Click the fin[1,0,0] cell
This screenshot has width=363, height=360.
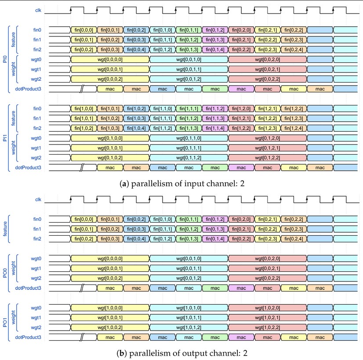(x=84, y=109)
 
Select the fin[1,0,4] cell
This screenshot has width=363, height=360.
(x=136, y=128)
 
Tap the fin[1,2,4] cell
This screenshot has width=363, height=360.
(x=294, y=128)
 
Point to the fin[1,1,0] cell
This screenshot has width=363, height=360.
(x=163, y=109)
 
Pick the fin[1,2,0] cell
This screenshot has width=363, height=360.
(x=241, y=109)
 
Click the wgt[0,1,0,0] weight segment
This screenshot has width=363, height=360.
(x=110, y=138)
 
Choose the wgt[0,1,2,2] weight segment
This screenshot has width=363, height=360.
(x=268, y=158)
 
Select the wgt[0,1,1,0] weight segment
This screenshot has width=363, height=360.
(x=189, y=138)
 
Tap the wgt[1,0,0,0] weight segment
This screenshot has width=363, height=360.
(x=110, y=308)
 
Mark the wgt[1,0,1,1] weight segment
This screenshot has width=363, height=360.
(x=189, y=318)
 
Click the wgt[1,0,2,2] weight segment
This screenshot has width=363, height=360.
(x=268, y=328)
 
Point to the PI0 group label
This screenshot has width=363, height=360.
(x=5, y=59)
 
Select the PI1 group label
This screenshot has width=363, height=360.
(x=5, y=138)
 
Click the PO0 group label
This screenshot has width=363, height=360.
(x=5, y=273)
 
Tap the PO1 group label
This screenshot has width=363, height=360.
(x=5, y=322)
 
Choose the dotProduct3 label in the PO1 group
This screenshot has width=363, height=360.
(x=28, y=337)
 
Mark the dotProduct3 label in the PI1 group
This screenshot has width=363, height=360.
(x=28, y=168)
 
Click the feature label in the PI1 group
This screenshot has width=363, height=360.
(x=13, y=118)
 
